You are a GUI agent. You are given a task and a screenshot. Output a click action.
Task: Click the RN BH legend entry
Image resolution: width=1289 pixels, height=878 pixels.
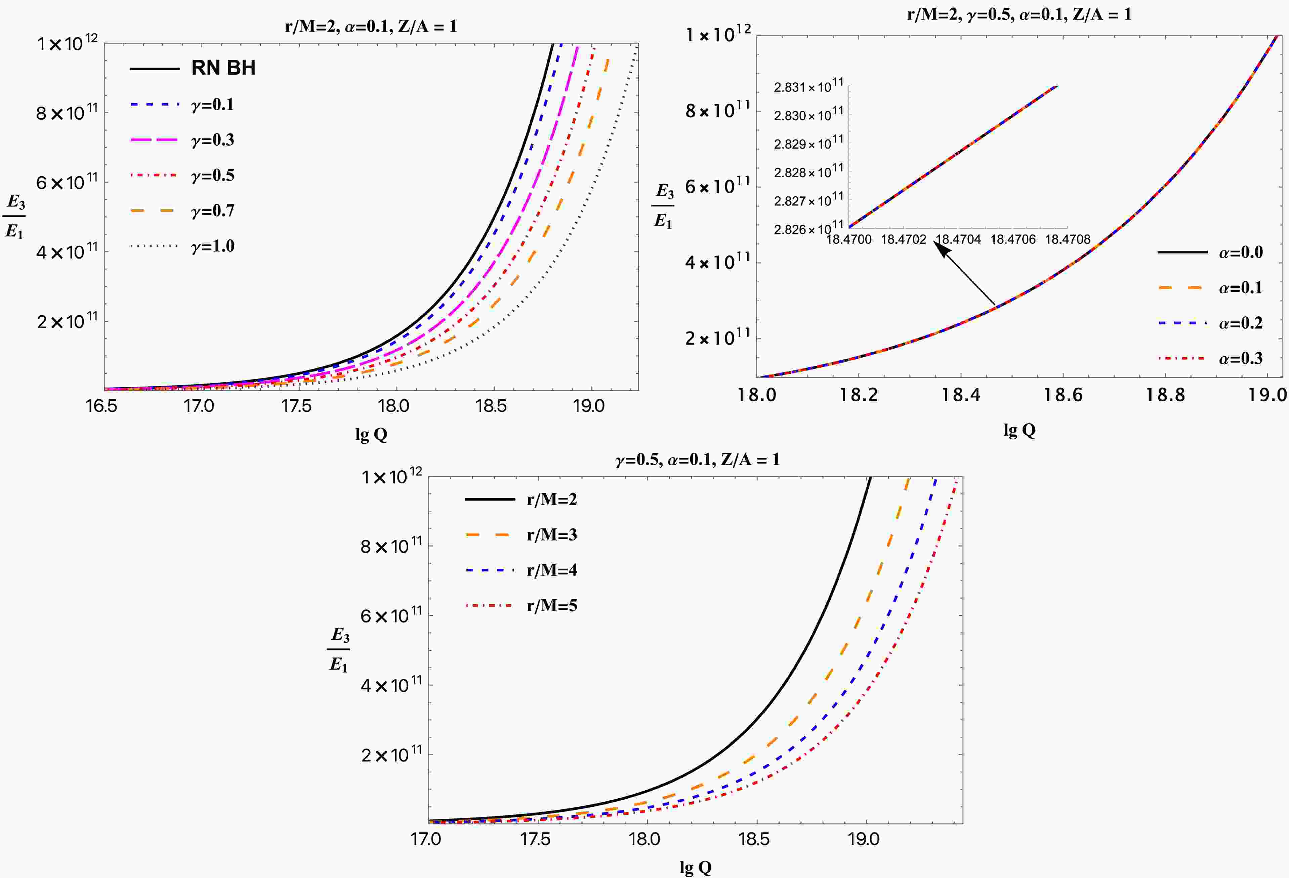(x=223, y=68)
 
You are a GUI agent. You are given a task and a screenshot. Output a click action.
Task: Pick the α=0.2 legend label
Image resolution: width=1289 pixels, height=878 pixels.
(x=1240, y=323)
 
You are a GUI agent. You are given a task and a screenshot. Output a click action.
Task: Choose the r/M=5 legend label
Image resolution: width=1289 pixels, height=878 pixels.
(x=552, y=605)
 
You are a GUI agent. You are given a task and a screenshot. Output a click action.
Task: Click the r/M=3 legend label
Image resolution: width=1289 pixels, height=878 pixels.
(x=552, y=534)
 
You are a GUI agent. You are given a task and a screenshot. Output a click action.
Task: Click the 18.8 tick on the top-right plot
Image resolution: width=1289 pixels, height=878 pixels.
(x=1165, y=395)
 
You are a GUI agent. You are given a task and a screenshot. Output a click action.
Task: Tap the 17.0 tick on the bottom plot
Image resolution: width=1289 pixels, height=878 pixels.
(x=426, y=839)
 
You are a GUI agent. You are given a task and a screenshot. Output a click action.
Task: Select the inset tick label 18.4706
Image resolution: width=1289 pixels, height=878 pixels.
(x=1013, y=240)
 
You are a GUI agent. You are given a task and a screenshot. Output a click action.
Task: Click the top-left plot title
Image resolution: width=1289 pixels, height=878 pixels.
(x=371, y=26)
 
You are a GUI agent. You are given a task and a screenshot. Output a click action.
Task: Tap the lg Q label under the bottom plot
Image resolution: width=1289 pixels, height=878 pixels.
(x=696, y=867)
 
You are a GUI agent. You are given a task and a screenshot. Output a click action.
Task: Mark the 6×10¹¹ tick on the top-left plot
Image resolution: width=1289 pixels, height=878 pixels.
(x=67, y=182)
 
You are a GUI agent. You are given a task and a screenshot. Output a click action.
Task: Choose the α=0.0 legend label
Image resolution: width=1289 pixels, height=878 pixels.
(x=1240, y=252)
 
